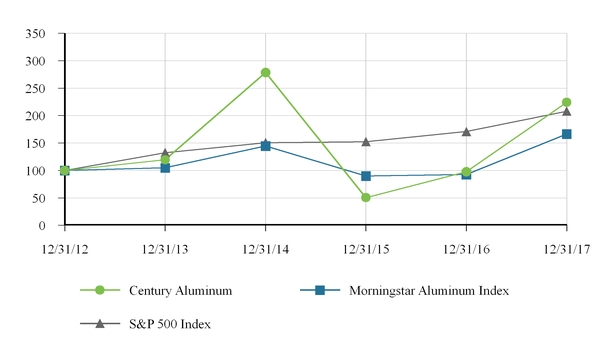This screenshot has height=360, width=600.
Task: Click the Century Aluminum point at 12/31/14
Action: (x=265, y=72)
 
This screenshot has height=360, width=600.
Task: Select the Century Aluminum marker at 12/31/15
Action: (x=366, y=197)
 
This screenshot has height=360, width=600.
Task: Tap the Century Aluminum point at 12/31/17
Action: (x=566, y=102)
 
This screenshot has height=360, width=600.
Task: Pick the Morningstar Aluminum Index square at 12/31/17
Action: (x=566, y=134)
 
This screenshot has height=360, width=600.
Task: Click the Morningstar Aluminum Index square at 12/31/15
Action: (x=366, y=176)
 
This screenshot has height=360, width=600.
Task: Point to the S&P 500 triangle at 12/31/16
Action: (x=466, y=131)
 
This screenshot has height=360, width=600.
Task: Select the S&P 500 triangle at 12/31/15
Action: (x=366, y=141)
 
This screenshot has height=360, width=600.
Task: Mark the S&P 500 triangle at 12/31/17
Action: (x=566, y=110)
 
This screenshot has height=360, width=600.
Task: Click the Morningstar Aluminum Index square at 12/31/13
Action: (x=165, y=167)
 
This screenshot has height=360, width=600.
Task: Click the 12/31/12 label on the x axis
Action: (x=64, y=246)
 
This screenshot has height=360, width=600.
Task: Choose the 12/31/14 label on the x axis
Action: (x=265, y=246)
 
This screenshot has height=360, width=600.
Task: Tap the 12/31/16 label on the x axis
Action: (x=466, y=246)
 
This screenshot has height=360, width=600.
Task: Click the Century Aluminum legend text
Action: (x=181, y=290)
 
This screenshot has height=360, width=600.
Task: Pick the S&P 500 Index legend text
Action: (x=170, y=323)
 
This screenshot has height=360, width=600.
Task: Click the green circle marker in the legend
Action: (x=99, y=290)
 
